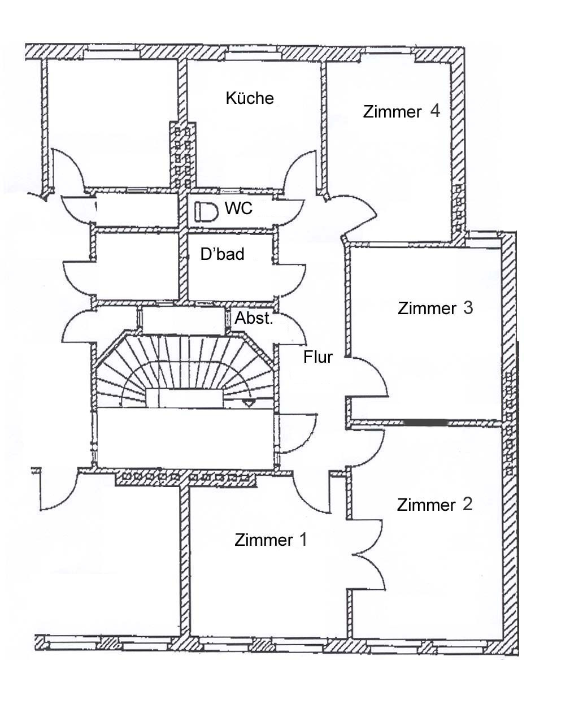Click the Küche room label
point(250,98)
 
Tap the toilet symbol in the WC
point(206,212)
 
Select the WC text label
point(238,208)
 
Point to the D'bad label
point(223,254)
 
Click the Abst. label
point(254,318)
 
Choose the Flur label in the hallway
point(318,357)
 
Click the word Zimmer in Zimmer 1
point(263,541)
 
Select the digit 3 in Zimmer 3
point(468,308)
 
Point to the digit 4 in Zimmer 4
point(434,111)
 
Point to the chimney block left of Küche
point(182,155)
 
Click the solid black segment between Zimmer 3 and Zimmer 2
point(426,422)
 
